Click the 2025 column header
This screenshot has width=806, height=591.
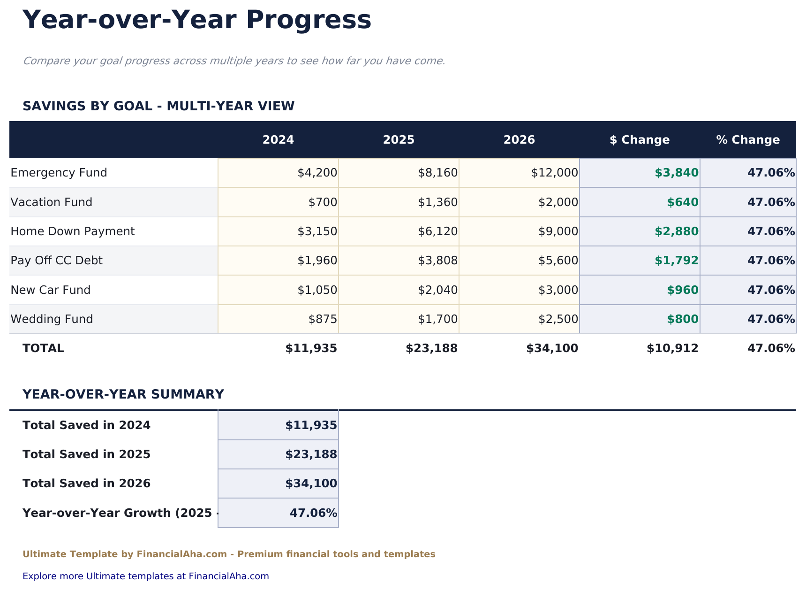pos(399,140)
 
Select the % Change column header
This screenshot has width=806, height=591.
pos(748,140)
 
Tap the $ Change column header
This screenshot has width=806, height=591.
pos(640,140)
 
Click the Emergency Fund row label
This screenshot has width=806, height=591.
pos(59,173)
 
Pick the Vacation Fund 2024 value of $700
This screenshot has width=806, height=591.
pos(323,202)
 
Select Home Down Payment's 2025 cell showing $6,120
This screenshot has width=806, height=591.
pos(437,231)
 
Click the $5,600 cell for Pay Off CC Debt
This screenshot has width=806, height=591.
pos(558,261)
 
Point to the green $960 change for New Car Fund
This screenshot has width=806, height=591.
pos(683,290)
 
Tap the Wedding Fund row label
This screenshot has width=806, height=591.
pos(52,319)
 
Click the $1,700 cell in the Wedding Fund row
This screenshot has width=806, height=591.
pos(437,319)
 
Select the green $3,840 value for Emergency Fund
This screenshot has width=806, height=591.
pos(677,173)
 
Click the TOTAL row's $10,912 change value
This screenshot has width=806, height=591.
pos(672,348)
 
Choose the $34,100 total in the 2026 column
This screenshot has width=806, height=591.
pos(552,348)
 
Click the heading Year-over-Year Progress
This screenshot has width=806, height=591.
pos(197,21)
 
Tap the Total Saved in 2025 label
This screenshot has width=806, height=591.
pos(86,454)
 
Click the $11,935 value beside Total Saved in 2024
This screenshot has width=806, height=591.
pos(311,425)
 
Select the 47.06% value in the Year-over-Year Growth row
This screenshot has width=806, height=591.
pos(313,513)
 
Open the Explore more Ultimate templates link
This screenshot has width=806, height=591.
pos(145,576)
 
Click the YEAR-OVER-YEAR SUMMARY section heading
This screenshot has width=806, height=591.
pos(123,394)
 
